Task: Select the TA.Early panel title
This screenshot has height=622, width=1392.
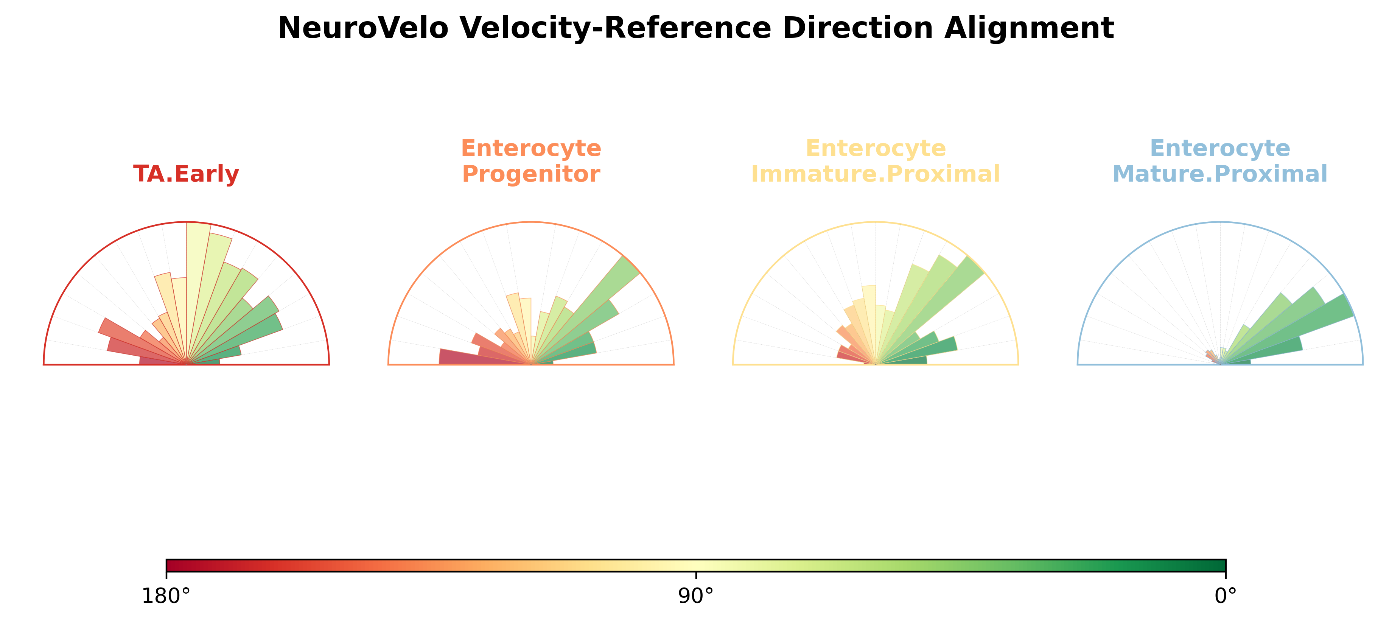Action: pos(186,174)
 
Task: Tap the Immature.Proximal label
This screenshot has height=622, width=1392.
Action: pos(876,174)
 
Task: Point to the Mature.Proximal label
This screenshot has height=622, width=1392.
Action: pos(1219,174)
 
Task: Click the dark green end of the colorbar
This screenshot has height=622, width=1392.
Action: pos(1219,566)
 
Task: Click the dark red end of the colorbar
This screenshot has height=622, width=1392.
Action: pos(173,566)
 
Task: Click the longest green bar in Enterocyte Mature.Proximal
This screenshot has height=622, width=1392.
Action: pos(1291,328)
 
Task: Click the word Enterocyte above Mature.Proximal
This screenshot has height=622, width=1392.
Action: pos(1219,148)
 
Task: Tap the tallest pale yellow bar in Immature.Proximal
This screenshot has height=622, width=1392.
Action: pos(869,324)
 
